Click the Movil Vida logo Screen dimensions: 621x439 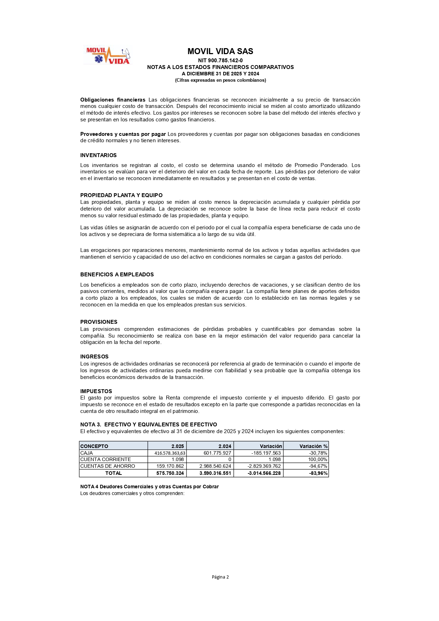tap(108, 56)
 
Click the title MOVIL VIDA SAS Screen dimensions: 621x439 tap(220, 51)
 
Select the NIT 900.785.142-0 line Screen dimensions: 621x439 tap(220, 61)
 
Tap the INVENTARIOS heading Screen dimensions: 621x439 tap(98, 155)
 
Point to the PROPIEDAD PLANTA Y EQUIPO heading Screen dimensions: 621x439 tap(121, 195)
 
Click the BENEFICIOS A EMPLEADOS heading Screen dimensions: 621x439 tap(117, 275)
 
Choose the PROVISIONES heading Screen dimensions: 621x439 tap(99, 322)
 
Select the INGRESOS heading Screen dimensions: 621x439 tap(94, 357)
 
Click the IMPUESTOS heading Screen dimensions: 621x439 tap(96, 391)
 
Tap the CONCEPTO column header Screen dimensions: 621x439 tap(94, 446)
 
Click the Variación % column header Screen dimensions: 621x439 tap(313, 446)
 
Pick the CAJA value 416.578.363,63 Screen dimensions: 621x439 tap(170, 453)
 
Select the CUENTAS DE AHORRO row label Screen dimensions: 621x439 tap(108, 466)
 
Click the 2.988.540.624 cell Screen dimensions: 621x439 tap(215, 466)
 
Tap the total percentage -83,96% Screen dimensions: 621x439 tap(318, 473)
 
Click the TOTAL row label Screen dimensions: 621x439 tap(114, 473)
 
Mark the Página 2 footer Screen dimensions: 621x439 tap(220, 577)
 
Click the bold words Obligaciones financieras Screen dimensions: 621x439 tap(113, 100)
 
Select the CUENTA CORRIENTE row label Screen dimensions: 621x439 tap(105, 460)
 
